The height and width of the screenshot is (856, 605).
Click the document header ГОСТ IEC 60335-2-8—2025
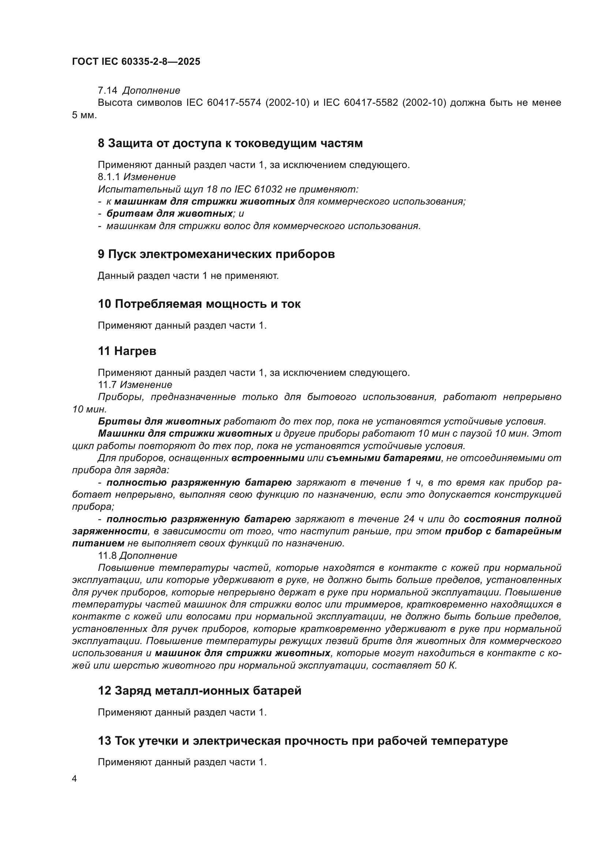[x=136, y=61]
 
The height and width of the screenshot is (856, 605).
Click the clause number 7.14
[x=107, y=91]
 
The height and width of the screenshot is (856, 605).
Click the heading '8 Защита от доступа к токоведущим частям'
[x=230, y=143]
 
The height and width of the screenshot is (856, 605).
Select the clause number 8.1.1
[x=109, y=177]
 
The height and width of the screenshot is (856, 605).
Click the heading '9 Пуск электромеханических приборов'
[x=216, y=254]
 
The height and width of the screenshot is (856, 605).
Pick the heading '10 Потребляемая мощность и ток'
[x=199, y=304]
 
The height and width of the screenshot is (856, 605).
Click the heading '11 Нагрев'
[x=127, y=351]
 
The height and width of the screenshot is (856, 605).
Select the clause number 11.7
[x=107, y=384]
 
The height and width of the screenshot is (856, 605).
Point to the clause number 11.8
[x=107, y=556]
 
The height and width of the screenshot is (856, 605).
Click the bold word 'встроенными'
[x=268, y=458]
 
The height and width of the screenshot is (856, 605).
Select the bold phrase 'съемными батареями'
[x=384, y=458]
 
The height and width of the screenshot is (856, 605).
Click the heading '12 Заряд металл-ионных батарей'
[x=199, y=691]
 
